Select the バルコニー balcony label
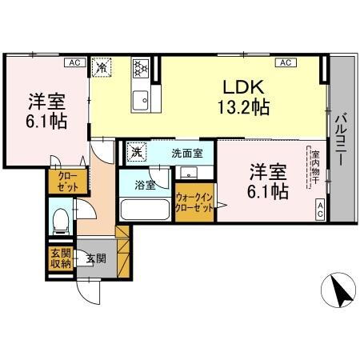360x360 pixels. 340,138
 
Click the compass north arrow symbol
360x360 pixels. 342,290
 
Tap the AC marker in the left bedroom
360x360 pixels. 74,62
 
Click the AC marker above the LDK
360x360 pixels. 284,62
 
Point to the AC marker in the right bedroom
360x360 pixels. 319,210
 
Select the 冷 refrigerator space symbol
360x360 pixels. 102,68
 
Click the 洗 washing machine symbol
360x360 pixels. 137,152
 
